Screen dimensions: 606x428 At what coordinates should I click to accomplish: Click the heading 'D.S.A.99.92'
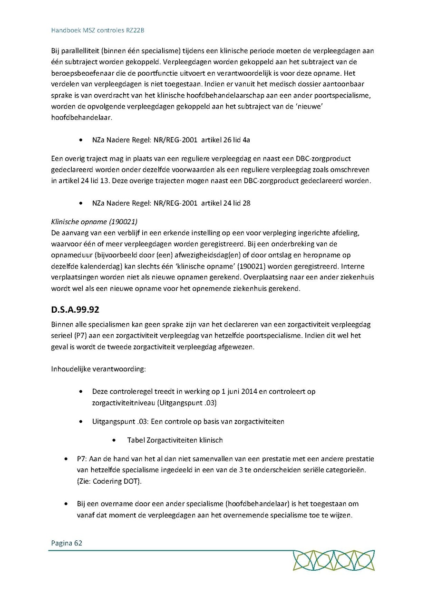(75, 310)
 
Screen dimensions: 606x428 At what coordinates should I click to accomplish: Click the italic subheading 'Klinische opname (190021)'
(94, 222)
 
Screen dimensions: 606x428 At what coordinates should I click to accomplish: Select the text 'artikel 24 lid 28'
(226, 203)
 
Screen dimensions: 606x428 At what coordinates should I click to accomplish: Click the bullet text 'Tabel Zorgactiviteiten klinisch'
(175, 440)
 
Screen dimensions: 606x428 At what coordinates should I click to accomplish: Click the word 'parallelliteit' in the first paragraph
(79, 51)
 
